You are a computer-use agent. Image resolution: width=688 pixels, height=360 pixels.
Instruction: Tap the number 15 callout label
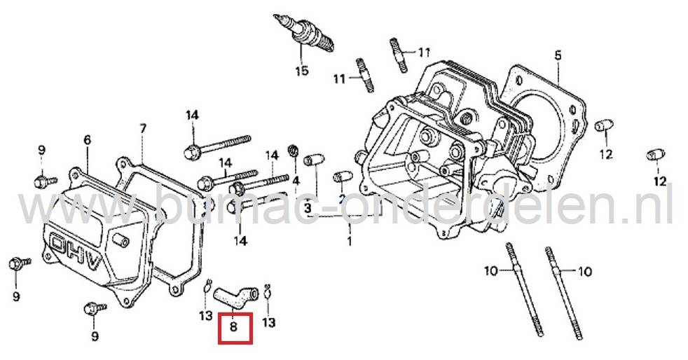pyautogui.click(x=301, y=71)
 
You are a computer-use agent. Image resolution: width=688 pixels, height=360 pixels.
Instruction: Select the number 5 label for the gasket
pyautogui.click(x=557, y=55)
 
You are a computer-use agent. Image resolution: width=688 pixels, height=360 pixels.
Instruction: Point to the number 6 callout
pyautogui.click(x=87, y=140)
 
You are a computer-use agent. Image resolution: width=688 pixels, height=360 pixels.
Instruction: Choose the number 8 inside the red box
pyautogui.click(x=235, y=326)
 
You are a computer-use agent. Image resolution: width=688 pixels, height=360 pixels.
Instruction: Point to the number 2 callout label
pyautogui.click(x=341, y=199)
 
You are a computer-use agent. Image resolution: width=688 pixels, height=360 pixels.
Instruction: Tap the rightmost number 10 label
pyautogui.click(x=586, y=270)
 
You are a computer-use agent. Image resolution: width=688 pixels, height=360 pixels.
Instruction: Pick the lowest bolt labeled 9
pyautogui.click(x=92, y=308)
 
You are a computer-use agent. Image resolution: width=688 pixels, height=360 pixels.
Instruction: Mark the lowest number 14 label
pyautogui.click(x=240, y=240)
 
